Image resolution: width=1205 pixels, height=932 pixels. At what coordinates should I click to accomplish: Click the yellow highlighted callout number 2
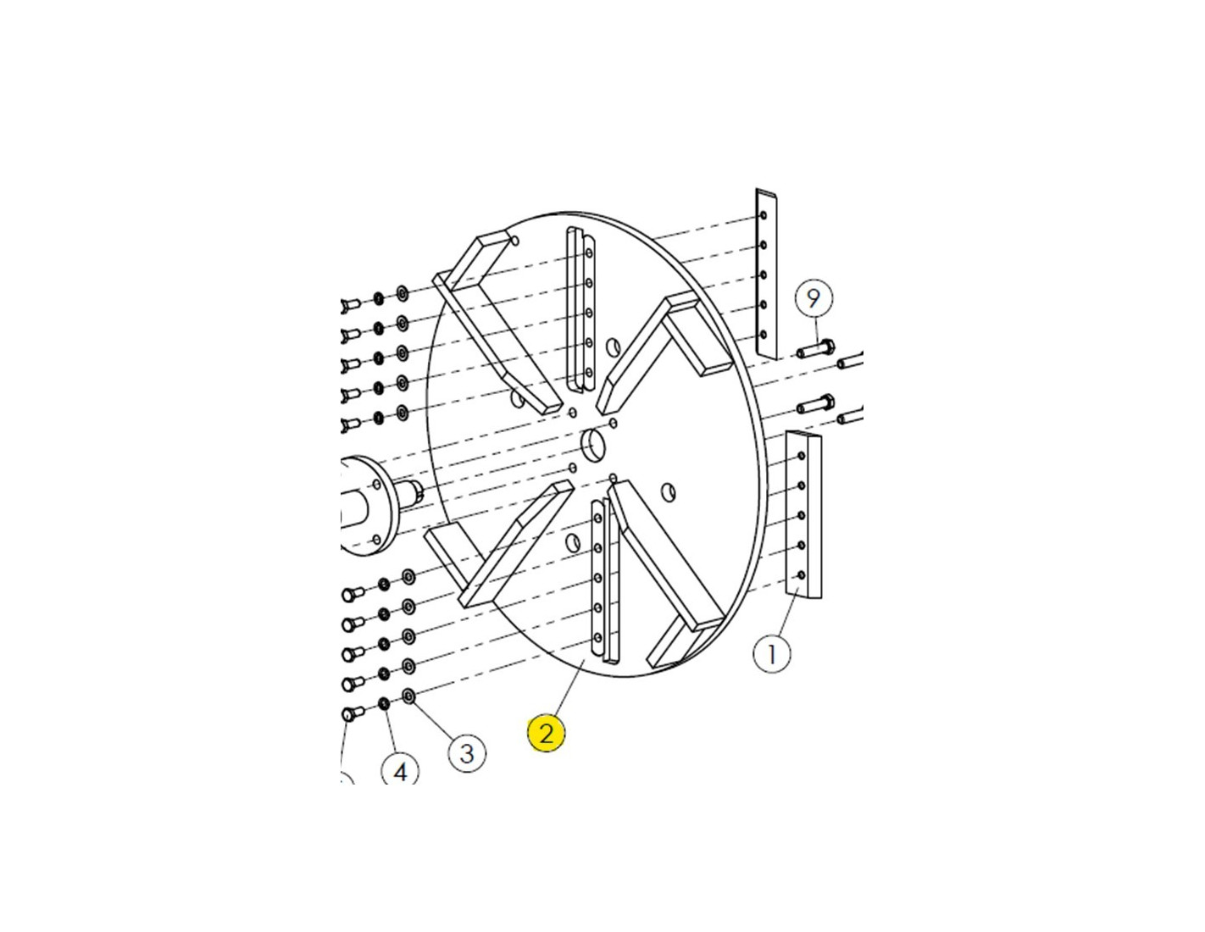click(546, 734)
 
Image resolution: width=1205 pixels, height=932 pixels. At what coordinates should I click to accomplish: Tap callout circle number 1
click(771, 655)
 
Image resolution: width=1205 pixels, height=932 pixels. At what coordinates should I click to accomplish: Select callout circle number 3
click(467, 753)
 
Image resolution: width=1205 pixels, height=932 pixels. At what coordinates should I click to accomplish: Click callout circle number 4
click(400, 770)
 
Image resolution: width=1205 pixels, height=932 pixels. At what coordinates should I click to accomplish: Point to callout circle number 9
click(814, 299)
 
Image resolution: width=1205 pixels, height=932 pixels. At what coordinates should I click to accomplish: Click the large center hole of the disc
click(594, 445)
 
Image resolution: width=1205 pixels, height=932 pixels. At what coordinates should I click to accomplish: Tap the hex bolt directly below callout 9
click(817, 349)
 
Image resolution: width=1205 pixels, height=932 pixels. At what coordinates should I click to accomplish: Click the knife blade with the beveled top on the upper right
click(766, 274)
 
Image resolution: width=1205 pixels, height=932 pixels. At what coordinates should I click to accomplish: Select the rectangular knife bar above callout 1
click(804, 514)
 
